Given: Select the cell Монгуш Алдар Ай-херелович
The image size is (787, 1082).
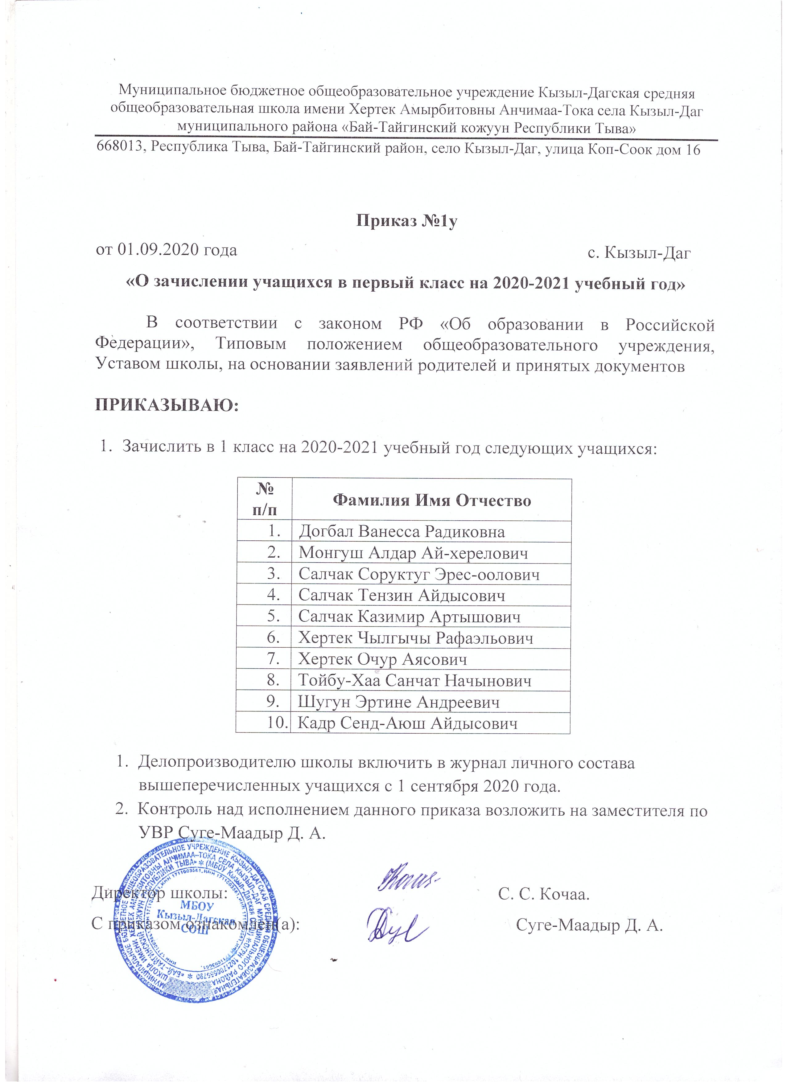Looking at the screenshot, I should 413,553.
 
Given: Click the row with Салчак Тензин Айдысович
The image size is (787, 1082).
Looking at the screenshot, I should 402,595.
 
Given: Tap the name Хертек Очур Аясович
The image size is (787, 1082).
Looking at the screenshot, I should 382,659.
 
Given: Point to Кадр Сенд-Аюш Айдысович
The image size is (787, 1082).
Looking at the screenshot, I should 408,723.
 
